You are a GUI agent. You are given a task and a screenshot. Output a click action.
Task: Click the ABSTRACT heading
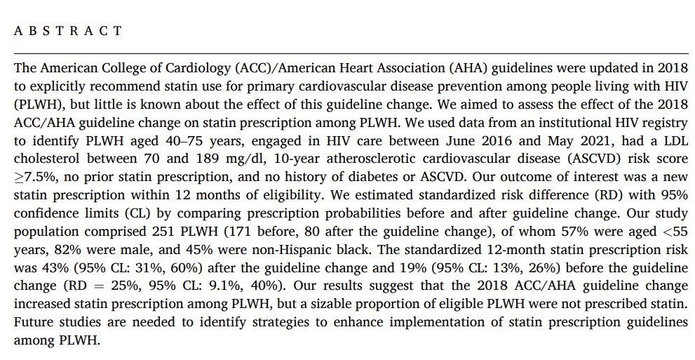point(68,32)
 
